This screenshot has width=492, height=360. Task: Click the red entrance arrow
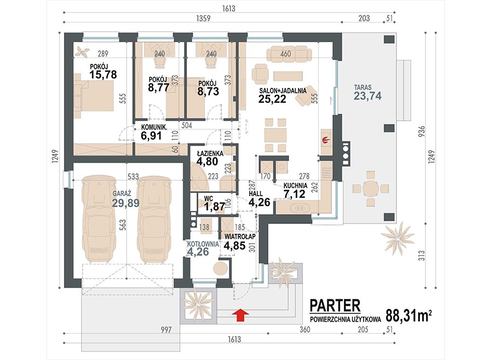(241, 315)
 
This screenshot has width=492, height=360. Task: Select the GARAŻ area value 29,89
(126, 203)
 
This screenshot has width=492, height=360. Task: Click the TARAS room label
(363, 87)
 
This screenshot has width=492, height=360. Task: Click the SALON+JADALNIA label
(283, 91)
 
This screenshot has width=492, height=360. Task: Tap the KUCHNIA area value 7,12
(294, 194)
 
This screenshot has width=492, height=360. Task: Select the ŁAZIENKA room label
(210, 154)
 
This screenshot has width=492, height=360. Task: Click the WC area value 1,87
(215, 206)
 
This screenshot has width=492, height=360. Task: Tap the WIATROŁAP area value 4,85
(235, 245)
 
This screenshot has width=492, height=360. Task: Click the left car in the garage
(98, 219)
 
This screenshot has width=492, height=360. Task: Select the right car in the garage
(154, 219)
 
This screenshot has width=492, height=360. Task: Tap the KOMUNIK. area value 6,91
(151, 136)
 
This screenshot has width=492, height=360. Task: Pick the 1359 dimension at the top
(203, 18)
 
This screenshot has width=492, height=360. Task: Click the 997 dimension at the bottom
(166, 329)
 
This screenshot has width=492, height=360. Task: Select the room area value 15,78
(103, 75)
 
